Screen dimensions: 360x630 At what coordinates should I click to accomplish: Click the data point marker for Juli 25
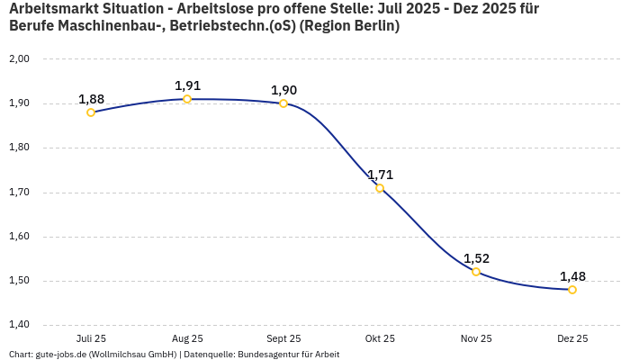(x=91, y=112)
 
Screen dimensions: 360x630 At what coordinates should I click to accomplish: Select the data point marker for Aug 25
(x=187, y=99)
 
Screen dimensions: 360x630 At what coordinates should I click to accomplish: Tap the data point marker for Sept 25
(x=283, y=103)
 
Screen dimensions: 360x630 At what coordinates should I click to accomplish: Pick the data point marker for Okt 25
(x=380, y=188)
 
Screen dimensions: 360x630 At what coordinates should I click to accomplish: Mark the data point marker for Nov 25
(x=476, y=272)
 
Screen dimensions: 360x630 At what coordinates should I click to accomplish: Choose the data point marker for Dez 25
(x=572, y=290)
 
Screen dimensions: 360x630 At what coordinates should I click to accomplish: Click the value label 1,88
(x=91, y=99)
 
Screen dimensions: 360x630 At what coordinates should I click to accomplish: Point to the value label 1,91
(x=187, y=85)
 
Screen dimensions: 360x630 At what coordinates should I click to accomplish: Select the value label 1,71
(x=380, y=175)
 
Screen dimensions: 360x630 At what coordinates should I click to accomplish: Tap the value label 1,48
(x=572, y=276)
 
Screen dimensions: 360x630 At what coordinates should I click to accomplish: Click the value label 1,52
(x=476, y=258)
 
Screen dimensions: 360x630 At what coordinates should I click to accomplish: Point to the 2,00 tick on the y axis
(x=19, y=59)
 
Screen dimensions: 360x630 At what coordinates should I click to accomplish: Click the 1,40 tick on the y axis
(x=19, y=325)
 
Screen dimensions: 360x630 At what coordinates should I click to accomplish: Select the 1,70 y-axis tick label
(x=19, y=193)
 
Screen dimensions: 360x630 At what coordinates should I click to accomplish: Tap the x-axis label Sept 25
(x=283, y=338)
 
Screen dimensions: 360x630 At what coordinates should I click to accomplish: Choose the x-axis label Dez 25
(x=572, y=338)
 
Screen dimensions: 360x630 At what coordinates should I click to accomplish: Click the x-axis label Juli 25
(x=91, y=338)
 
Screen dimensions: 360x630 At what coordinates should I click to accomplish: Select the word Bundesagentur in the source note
(x=265, y=354)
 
